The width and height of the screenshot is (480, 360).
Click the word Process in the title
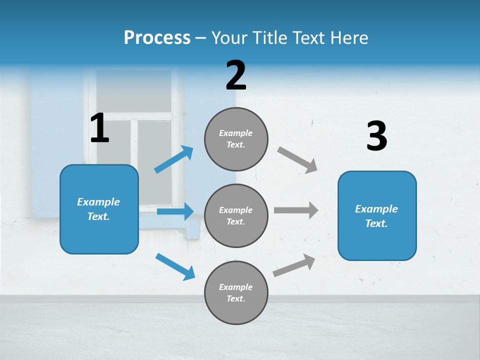click(x=157, y=38)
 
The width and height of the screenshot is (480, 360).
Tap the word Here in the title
click(x=348, y=38)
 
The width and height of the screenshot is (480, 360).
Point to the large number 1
click(x=99, y=128)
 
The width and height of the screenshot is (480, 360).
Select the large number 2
click(x=236, y=75)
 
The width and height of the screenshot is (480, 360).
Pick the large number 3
click(x=376, y=136)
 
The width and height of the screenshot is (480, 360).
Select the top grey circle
click(x=236, y=139)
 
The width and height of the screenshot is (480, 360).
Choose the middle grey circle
click(x=236, y=215)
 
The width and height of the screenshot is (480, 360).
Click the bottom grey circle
click(x=236, y=292)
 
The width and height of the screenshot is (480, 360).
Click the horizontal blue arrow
click(x=175, y=211)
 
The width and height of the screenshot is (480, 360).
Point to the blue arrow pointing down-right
click(x=175, y=266)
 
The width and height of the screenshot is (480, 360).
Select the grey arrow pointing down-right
click(x=297, y=160)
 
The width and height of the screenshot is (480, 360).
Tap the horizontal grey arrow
click(x=296, y=210)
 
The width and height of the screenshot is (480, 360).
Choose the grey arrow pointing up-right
click(x=294, y=265)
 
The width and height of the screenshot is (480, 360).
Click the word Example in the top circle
click(x=236, y=133)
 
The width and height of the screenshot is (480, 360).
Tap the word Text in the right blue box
click(x=376, y=223)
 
